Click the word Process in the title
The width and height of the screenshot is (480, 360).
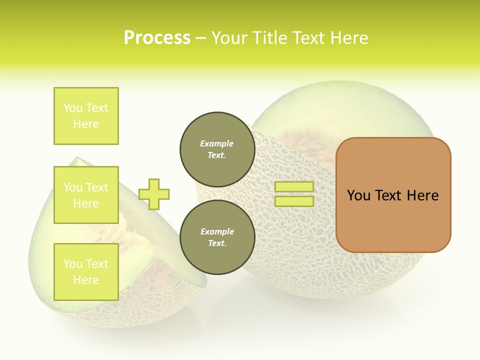[x=157, y=38]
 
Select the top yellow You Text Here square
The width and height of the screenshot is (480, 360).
[x=86, y=116]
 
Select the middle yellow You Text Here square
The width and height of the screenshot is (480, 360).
[x=86, y=195]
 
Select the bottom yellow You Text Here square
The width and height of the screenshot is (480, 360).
[x=86, y=271]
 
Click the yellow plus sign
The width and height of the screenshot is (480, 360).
[x=154, y=194]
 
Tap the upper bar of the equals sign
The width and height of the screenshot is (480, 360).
[x=294, y=187]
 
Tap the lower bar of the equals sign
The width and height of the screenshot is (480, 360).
[x=294, y=201]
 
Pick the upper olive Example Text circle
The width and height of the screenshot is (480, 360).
[x=217, y=149]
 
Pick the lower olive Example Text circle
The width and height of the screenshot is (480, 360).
[x=217, y=237]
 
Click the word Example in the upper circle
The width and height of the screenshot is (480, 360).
[x=217, y=143]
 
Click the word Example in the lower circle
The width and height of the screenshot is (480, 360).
[x=217, y=231]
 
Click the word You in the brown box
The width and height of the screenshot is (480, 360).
[x=358, y=195]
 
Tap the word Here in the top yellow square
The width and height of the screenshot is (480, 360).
[x=86, y=124]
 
